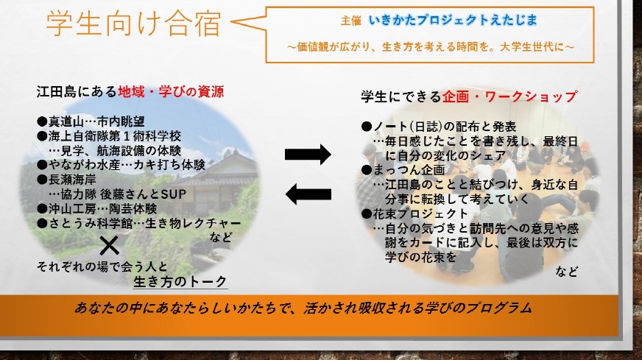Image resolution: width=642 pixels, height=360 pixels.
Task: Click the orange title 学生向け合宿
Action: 133,24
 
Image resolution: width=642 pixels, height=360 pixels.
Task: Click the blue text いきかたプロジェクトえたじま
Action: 453,20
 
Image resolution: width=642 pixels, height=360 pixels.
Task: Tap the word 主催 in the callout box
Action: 350,21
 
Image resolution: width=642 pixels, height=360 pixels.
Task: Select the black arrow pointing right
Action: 308,155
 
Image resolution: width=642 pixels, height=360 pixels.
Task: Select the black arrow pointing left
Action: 308,194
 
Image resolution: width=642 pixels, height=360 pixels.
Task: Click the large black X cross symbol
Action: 109,245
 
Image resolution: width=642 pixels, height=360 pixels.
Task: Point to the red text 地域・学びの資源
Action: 171,91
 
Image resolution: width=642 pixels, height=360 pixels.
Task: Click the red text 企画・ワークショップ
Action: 509,96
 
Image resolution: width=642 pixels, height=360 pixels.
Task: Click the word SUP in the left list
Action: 174,194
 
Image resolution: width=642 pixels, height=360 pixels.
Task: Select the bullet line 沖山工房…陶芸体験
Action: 97,209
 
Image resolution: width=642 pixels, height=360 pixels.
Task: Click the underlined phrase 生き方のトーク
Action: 180,281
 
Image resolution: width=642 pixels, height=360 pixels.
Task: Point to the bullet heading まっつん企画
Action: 403,170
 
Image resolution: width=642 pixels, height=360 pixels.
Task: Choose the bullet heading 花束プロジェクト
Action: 415,213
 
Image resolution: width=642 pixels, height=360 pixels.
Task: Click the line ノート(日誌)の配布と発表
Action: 439,127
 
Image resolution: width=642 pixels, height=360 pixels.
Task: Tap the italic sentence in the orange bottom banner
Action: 303,308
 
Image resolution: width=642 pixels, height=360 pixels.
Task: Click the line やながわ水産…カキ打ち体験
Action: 121,165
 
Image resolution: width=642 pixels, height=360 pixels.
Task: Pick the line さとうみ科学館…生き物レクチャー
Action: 139,224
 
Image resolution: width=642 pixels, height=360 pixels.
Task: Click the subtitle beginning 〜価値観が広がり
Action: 431,47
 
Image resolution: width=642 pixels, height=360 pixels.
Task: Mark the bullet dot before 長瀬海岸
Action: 42,180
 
